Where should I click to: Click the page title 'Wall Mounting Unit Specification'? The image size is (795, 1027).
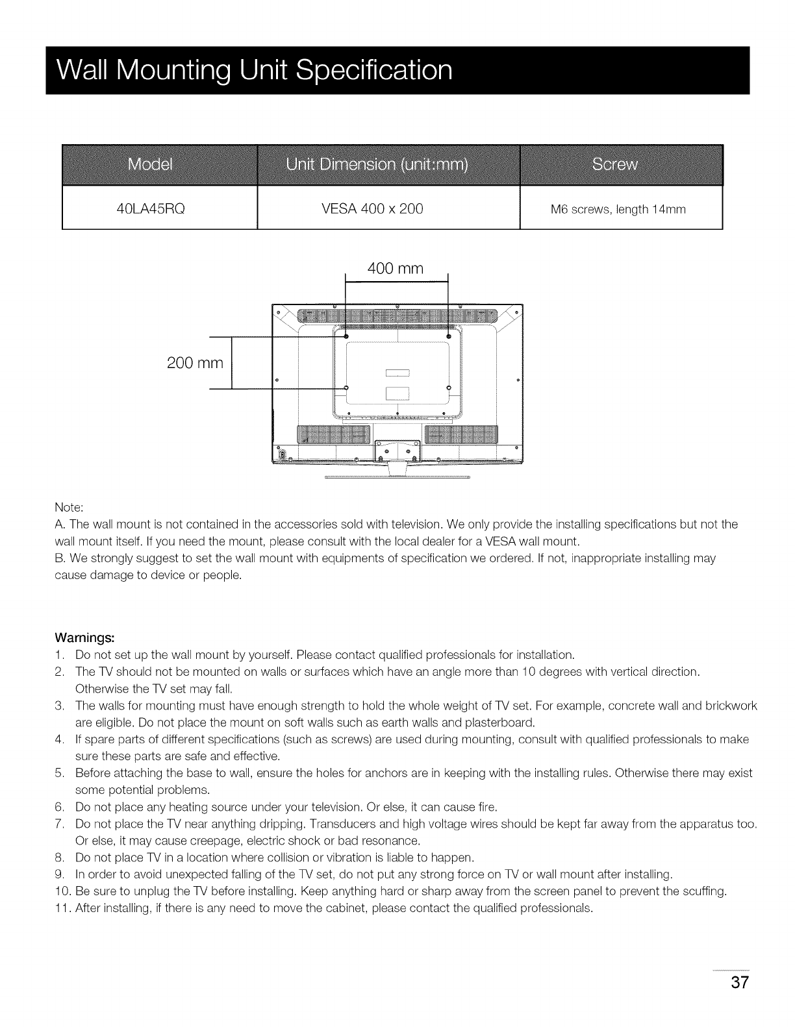pos(254,70)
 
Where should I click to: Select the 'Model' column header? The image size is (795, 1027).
pos(150,165)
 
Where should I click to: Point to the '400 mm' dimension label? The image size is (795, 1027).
pos(395,269)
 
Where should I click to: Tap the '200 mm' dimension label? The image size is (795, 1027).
pos(195,363)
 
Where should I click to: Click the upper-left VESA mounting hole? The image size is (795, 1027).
pos(346,336)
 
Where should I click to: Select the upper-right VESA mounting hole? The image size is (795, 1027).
pos(449,336)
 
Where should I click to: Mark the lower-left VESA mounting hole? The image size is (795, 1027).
pos(346,388)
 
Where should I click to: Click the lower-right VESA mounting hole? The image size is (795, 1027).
pos(449,388)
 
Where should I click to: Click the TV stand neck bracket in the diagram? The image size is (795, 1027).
pos(397,450)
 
